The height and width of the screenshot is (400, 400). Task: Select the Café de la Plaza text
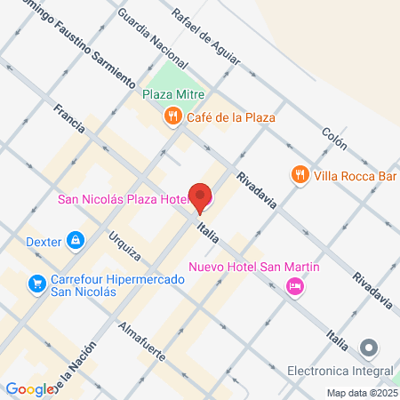[x=230, y=116]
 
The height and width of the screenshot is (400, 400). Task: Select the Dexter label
[x=43, y=239]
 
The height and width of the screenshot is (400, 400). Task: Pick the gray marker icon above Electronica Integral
[x=370, y=348]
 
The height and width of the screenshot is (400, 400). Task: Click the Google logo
[x=28, y=389]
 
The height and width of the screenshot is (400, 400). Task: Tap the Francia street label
[x=68, y=119]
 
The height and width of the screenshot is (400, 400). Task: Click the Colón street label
[x=334, y=136]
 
